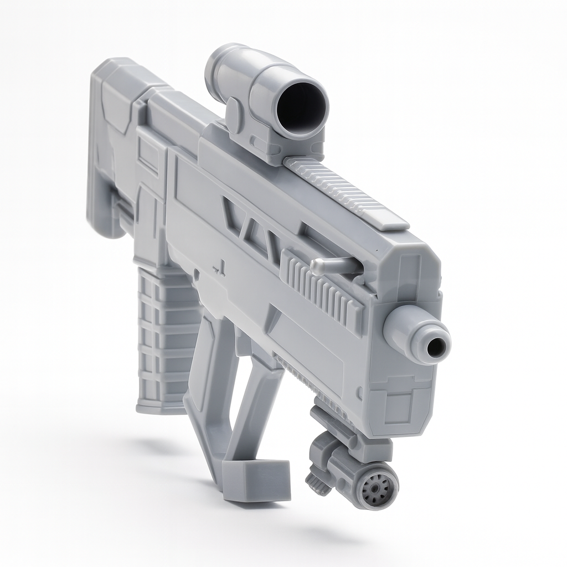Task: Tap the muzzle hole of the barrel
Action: pos(437,347)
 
